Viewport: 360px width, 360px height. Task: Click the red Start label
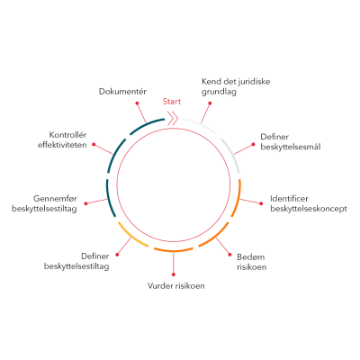[172, 102]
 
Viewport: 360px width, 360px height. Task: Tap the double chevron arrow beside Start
[173, 119]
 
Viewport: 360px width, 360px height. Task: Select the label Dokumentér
[122, 91]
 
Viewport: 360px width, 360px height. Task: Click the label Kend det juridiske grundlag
[236, 86]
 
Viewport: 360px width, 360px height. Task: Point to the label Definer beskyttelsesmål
[291, 141]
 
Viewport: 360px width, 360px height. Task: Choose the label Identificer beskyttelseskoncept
[309, 203]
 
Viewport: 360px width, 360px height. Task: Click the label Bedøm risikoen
[251, 262]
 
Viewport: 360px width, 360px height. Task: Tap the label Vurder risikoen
[176, 285]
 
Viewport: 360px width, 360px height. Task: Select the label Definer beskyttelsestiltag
[76, 261]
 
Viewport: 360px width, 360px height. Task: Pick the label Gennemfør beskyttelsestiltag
[44, 203]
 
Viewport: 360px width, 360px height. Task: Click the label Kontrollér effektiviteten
[62, 139]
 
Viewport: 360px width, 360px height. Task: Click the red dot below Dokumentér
[137, 103]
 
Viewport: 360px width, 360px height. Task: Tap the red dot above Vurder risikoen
[174, 274]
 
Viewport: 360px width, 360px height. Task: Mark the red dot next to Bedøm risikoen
[229, 255]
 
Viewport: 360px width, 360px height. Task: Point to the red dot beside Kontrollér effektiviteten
[94, 144]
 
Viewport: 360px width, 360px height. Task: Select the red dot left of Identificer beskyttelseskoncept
[261, 203]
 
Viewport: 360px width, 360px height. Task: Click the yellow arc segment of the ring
[131, 237]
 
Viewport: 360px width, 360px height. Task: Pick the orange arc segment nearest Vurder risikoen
[174, 250]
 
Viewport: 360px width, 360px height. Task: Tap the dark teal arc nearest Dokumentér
[146, 124]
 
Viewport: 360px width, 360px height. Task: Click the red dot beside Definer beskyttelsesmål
[254, 144]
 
